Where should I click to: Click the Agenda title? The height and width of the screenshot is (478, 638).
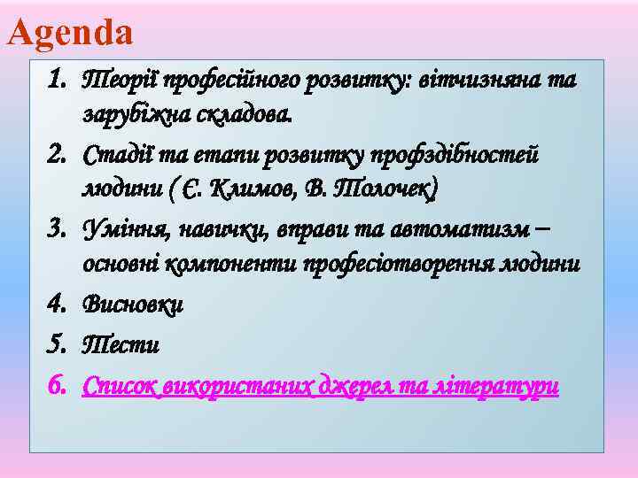click(70, 33)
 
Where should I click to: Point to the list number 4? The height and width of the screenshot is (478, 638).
click(58, 304)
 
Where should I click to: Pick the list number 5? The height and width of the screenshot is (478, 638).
click(58, 344)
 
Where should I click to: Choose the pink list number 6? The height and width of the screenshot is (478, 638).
click(58, 385)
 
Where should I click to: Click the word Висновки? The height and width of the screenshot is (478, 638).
click(133, 304)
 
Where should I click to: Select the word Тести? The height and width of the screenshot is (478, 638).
click(121, 344)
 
